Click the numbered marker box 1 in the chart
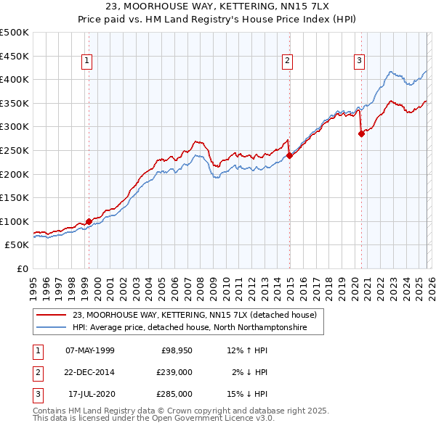click(x=86, y=61)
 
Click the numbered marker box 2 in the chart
click(x=288, y=61)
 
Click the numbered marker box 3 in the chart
click(x=359, y=61)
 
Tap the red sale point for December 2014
click(x=289, y=155)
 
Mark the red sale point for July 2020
click(x=361, y=133)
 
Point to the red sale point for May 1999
click(x=89, y=221)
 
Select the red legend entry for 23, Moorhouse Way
click(x=194, y=316)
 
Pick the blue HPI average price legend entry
click(x=189, y=328)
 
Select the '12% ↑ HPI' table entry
click(x=248, y=350)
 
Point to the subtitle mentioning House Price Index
click(x=218, y=20)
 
